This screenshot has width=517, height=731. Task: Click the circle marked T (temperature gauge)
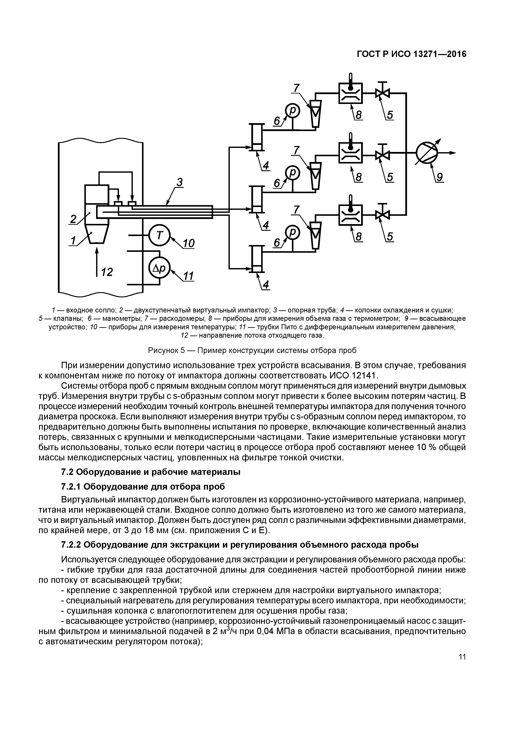pyautogui.click(x=160, y=235)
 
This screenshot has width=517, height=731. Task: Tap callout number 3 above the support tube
pyautogui.click(x=179, y=182)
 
